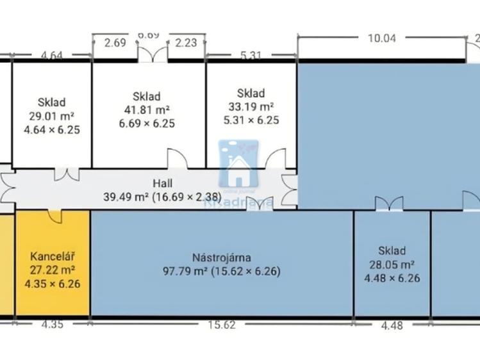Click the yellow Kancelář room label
click(52, 257)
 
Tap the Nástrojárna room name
click(221, 258)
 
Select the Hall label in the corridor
click(163, 184)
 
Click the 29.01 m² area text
click(51, 116)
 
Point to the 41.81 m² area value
click(147, 110)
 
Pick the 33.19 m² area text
click(251, 106)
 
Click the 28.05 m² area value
click(391, 264)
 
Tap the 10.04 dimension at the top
click(382, 38)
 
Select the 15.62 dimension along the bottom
click(222, 325)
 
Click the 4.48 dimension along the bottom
click(392, 325)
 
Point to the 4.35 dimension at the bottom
click(53, 325)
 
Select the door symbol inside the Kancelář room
click(54, 217)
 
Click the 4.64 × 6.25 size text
click(51, 130)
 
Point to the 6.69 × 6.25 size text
click(147, 124)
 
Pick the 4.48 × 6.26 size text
click(391, 278)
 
